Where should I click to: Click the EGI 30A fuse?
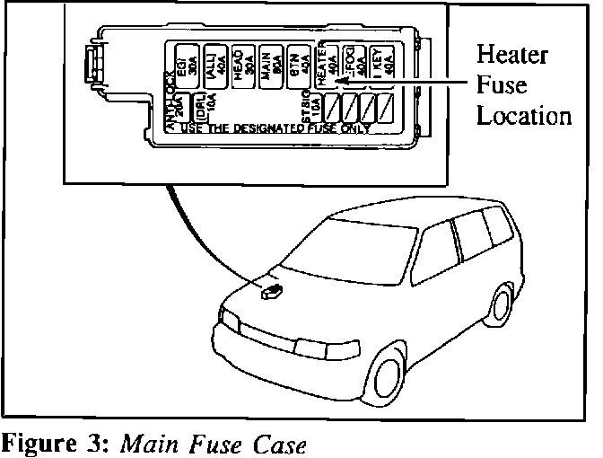(x=188, y=66)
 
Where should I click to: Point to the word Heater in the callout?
(x=512, y=56)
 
